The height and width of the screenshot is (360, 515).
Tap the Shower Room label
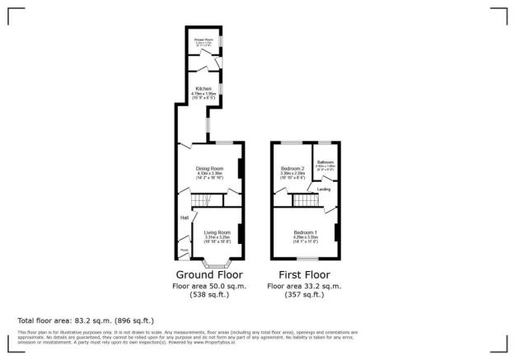(204, 38)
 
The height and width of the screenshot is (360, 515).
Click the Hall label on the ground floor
(185, 217)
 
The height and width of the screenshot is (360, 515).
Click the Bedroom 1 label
(306, 233)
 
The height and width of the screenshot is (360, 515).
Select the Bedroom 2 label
(292, 169)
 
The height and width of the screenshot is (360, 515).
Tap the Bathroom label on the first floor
(325, 162)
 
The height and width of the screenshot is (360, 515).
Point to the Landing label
(324, 190)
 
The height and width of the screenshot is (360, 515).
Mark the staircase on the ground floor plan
(201, 201)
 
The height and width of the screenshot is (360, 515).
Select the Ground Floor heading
(209, 274)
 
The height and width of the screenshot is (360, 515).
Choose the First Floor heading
(305, 274)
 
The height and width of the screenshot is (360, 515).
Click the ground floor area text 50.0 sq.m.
(209, 286)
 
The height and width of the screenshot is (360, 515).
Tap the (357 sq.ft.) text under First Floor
(305, 294)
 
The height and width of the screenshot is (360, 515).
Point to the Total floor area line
(86, 320)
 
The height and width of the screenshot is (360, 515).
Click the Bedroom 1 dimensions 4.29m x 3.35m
(306, 238)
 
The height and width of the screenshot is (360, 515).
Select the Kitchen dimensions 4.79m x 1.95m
(203, 94)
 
